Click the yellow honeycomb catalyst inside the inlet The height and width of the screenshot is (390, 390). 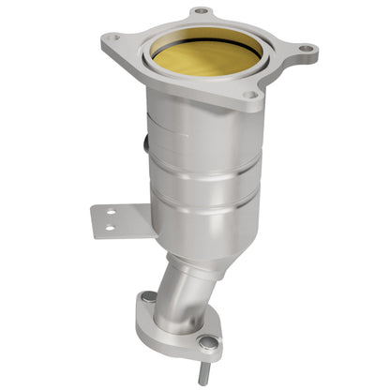(207, 56)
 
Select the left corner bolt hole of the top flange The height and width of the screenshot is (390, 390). (112, 39)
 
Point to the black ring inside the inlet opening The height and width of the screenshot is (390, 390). (208, 33)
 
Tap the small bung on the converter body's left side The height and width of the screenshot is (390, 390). (145, 143)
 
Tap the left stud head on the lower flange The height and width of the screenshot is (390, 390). (148, 297)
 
